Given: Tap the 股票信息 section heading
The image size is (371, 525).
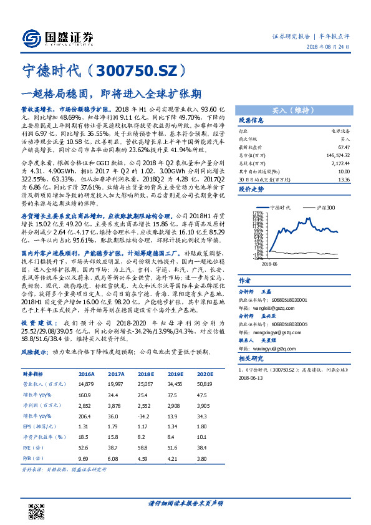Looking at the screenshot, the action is coord(254,120).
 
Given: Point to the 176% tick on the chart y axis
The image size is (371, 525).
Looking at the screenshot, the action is coord(256,212).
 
